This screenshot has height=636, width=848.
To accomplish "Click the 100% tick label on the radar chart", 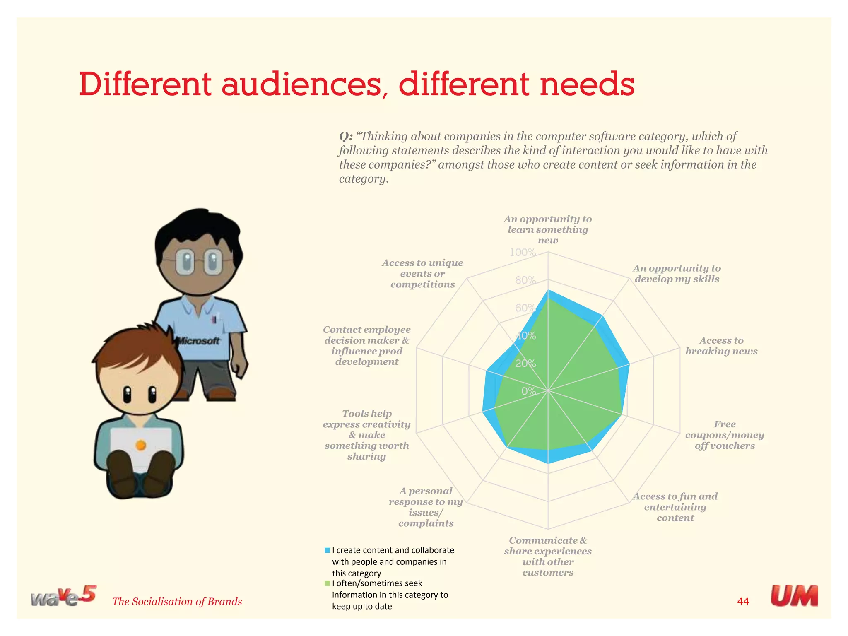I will [523, 252].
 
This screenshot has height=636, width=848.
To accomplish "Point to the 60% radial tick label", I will [525, 308].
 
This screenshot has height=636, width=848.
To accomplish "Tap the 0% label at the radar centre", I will [528, 391].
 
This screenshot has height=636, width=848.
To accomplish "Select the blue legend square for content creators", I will [327, 550].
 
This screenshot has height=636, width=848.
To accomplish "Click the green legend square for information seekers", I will [327, 583].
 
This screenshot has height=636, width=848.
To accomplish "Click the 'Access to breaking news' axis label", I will [721, 346].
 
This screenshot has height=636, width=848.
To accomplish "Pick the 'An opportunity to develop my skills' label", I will [677, 274].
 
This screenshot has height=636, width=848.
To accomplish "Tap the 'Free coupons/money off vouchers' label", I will [724, 435].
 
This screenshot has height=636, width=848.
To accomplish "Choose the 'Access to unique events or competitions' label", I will [422, 274].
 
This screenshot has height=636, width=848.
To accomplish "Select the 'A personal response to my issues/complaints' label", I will [426, 507].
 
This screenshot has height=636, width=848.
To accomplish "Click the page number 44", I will [743, 601].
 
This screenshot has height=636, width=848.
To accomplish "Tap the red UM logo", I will [794, 596].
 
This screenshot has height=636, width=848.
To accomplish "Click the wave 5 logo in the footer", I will [63, 597].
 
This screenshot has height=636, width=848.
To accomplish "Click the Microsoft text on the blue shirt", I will [198, 341].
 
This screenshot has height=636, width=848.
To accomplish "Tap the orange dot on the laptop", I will [141, 445].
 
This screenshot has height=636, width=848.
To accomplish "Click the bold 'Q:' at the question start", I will [346, 136].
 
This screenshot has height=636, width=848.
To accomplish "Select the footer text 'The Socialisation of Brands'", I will [177, 601].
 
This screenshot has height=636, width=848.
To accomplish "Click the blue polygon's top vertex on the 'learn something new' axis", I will [548, 291].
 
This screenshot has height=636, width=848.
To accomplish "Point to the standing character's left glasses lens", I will [185, 263].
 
